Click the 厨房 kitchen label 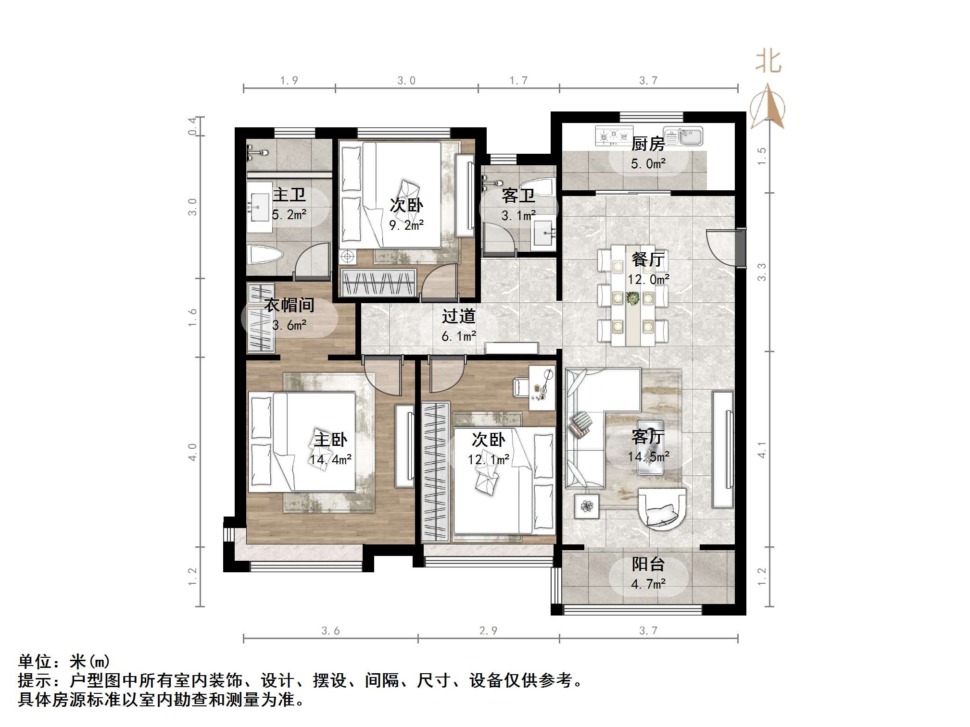pos(647,144)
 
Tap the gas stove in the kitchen pos(613,136)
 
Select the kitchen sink pos(683,136)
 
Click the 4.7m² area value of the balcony pos(648,584)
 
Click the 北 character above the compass pos(768,62)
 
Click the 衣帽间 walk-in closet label pos(289,305)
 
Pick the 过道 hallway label pos(458,316)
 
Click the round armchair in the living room pos(661,508)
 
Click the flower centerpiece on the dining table pos(633,298)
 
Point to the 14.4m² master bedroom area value pos(330,459)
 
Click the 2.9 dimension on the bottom pos(488,630)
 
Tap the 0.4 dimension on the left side pos(192,126)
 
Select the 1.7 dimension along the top pos(518,80)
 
